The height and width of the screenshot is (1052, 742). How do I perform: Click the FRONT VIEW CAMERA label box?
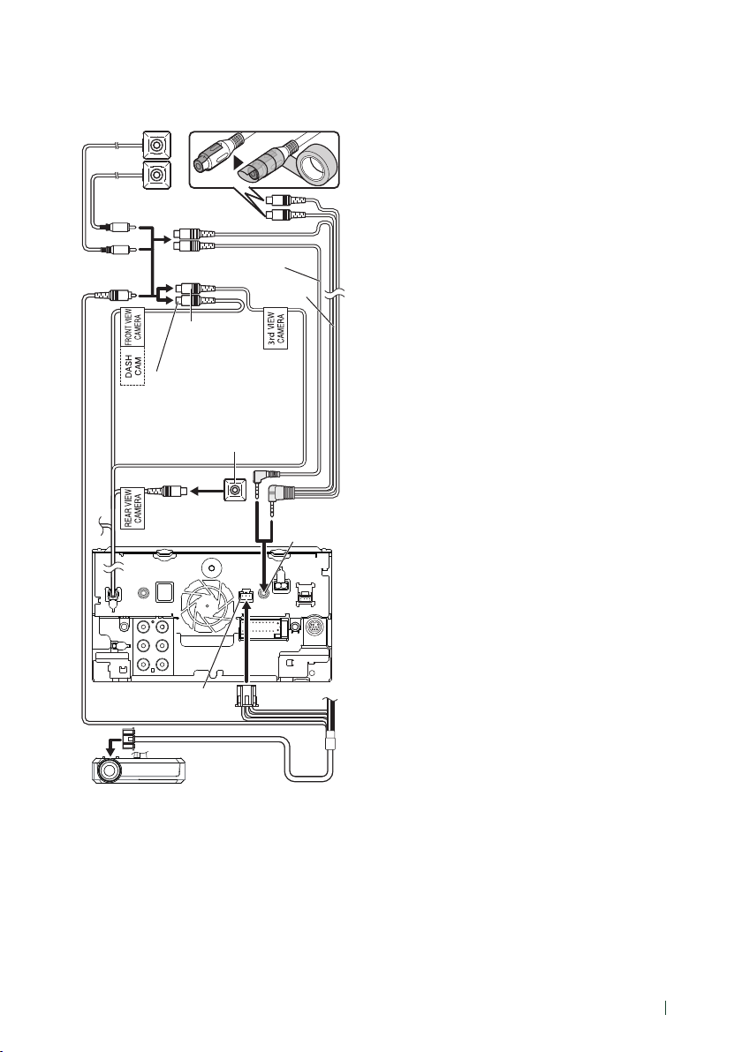click(132, 327)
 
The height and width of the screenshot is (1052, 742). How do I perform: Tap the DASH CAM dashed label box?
click(132, 366)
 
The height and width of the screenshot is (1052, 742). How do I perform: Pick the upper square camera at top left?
click(157, 144)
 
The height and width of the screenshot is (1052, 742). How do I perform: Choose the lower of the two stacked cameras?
click(157, 175)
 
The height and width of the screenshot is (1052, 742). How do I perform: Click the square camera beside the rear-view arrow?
click(234, 491)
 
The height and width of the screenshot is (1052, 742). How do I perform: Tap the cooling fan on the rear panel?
click(208, 603)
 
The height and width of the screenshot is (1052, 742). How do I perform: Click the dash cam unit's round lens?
click(108, 770)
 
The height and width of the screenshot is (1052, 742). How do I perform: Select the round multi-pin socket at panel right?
click(315, 628)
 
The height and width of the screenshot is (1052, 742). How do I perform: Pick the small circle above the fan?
click(213, 567)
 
